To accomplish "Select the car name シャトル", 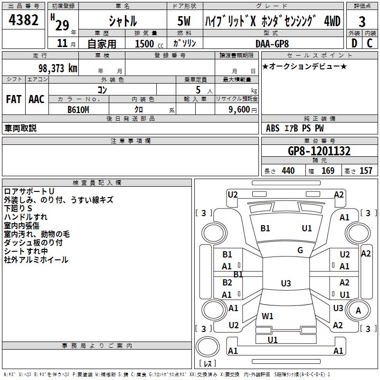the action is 123,21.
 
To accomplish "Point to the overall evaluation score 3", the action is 362,21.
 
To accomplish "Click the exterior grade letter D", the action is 354,43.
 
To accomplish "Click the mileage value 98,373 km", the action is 54,68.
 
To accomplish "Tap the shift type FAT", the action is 13,99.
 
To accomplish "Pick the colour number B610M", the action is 79,110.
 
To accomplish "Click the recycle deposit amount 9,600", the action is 239,110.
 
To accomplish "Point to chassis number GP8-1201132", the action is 319,151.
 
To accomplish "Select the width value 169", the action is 328,171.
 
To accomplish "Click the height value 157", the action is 366,171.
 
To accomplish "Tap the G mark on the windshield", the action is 300,250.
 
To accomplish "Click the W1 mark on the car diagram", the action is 267,316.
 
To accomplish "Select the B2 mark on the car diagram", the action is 228,283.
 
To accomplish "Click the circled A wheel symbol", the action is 358,310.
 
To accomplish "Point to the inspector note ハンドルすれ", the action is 26,217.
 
